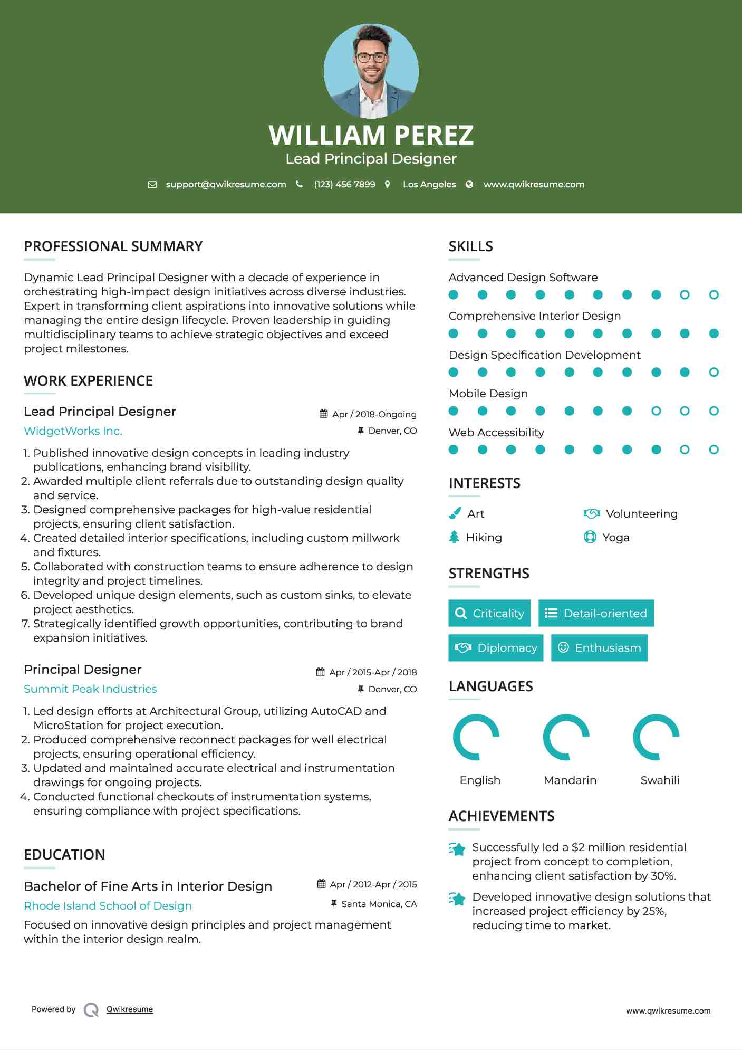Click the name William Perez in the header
tap(371, 135)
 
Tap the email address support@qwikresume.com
tap(226, 184)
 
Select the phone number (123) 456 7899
tap(344, 184)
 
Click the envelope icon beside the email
tap(152, 184)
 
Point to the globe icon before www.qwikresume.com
tap(469, 184)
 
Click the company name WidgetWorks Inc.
tap(73, 431)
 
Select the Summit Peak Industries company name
tap(90, 689)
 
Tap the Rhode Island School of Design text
tap(108, 906)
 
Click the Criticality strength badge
tap(489, 613)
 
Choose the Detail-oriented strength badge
tap(596, 613)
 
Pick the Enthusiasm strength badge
tap(599, 648)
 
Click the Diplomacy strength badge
tap(496, 648)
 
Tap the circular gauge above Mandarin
tap(566, 737)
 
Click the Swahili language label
tap(660, 780)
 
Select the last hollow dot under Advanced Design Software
tap(714, 295)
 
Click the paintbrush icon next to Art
tap(455, 513)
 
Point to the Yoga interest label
tap(616, 538)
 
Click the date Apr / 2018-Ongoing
tap(374, 414)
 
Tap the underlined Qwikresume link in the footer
tap(130, 1009)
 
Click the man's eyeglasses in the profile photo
tap(371, 58)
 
